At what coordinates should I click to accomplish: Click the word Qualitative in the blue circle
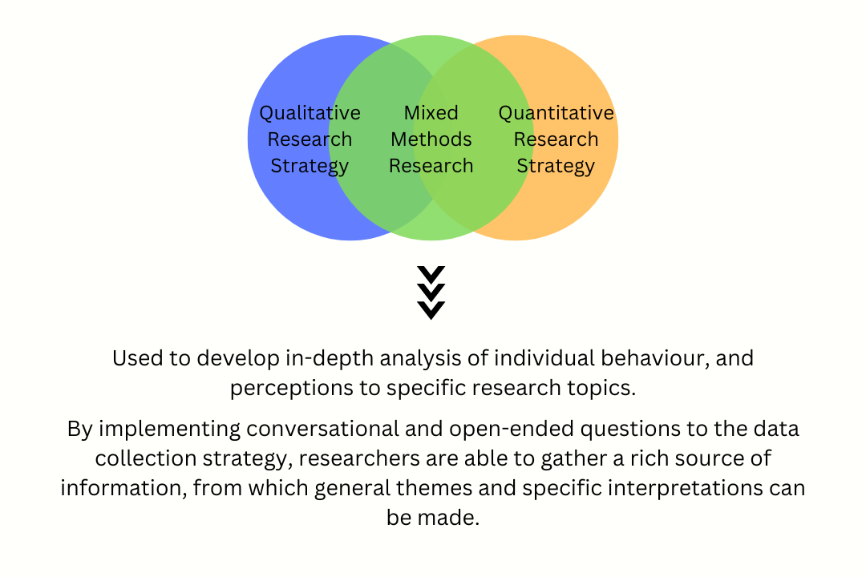pos(310,113)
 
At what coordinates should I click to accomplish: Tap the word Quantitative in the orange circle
pos(556,113)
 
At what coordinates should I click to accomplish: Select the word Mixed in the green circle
pos(431,113)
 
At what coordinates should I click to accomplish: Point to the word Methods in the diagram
pos(431,139)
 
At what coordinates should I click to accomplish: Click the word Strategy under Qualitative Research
pos(310,166)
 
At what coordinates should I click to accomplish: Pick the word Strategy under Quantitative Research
pos(556,166)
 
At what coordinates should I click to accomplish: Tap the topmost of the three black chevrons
pos(431,274)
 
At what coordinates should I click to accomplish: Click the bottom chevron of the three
pos(431,310)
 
